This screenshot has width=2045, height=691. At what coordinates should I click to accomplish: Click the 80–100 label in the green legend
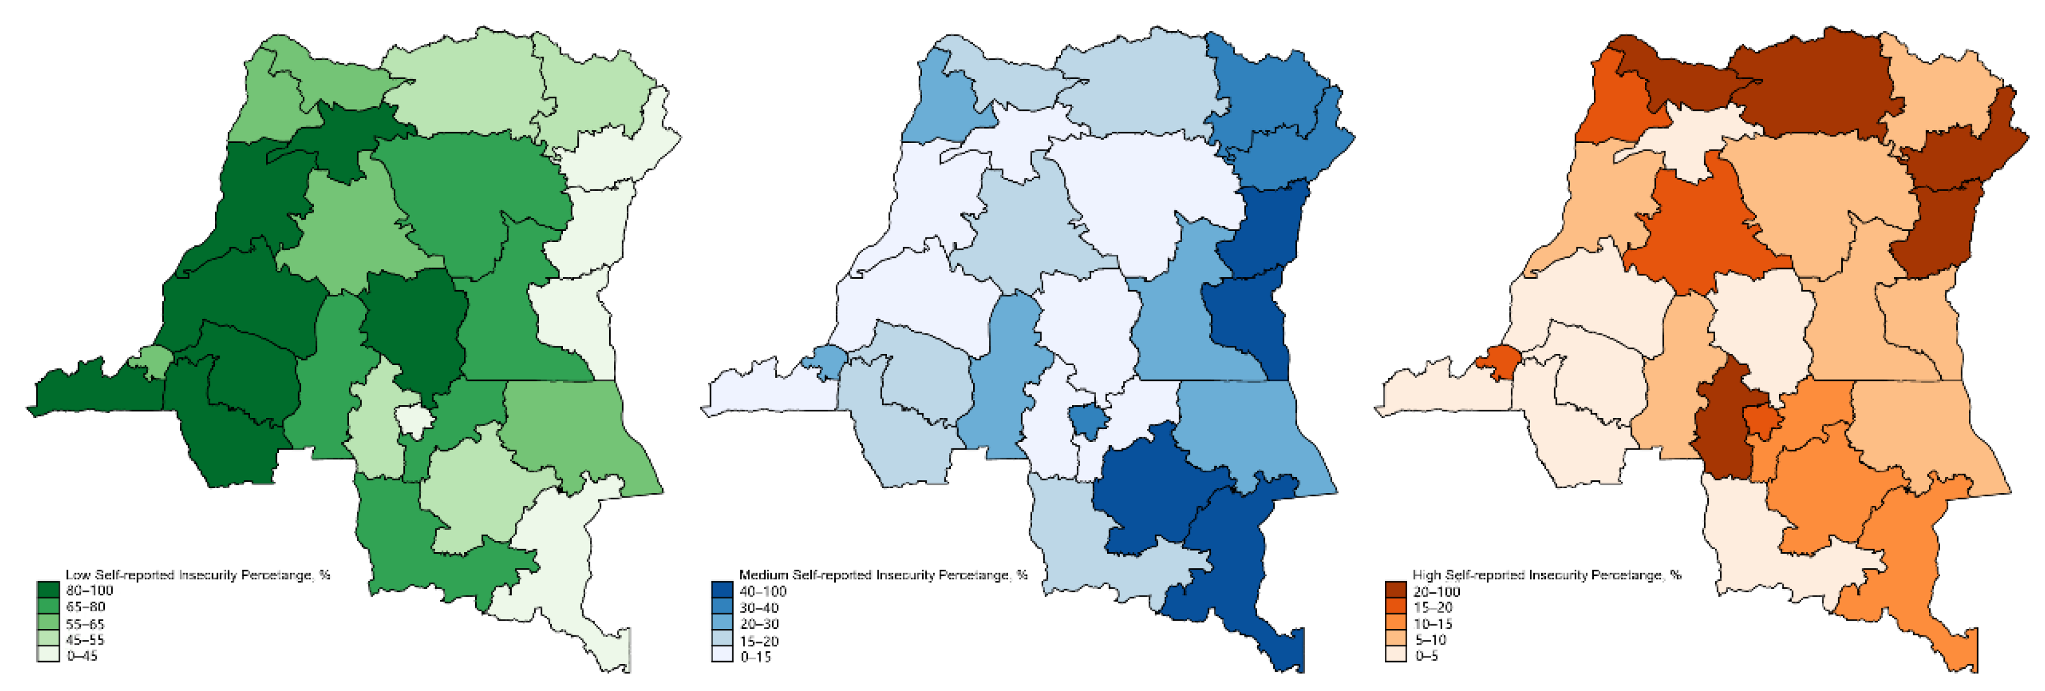tap(89, 590)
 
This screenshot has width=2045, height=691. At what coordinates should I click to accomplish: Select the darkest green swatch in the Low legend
tap(49, 590)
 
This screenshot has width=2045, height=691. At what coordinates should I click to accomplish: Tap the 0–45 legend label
tap(83, 655)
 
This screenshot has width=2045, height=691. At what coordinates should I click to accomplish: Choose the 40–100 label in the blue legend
tap(762, 591)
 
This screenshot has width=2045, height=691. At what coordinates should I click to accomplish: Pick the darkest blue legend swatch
tap(722, 591)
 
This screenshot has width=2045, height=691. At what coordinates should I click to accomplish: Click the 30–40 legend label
tap(759, 608)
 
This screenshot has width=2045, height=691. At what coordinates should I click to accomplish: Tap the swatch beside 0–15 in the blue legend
tap(722, 656)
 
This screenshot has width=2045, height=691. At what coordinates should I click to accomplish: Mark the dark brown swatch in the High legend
tap(1395, 591)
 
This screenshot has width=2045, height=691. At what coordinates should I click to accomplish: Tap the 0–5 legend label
tap(1426, 656)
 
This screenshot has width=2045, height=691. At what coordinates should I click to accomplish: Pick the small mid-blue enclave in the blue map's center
tap(1088, 420)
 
